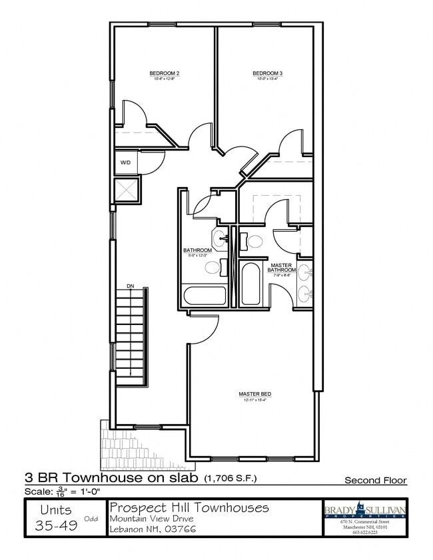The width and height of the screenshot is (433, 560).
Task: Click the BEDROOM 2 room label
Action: (x=164, y=73)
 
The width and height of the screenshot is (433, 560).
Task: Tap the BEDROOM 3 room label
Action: (x=267, y=73)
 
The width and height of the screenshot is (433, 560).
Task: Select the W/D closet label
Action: (x=125, y=162)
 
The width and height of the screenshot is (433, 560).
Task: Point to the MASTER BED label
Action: (x=255, y=394)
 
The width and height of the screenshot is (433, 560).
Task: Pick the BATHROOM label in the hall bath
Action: (x=197, y=250)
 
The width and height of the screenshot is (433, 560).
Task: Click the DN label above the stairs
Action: (x=131, y=286)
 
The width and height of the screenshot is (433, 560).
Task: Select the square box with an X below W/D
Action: (x=126, y=190)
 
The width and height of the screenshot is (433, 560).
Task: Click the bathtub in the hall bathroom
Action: (x=205, y=294)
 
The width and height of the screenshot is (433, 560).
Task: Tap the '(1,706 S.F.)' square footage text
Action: (x=230, y=478)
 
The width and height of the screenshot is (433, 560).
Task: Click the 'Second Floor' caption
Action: (x=375, y=480)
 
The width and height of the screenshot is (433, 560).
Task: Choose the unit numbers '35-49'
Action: (x=56, y=525)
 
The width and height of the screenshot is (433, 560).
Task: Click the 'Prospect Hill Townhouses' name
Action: (x=189, y=508)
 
